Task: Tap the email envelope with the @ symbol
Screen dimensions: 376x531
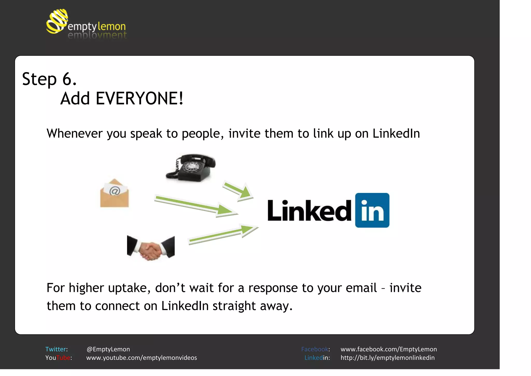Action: point(114,193)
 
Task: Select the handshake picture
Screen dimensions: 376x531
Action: point(151,248)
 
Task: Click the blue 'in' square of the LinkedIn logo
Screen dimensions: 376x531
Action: point(372,210)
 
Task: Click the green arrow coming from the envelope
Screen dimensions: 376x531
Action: point(194,205)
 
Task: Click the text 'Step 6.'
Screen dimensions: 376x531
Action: point(49,79)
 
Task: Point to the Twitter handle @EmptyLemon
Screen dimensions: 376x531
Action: point(108,349)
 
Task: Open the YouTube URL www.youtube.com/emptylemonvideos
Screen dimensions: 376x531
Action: point(142,358)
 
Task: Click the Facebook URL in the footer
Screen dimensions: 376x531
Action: point(388,349)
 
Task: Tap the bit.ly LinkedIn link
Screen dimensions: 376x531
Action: point(387,358)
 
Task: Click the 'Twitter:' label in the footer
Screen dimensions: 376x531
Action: point(57,349)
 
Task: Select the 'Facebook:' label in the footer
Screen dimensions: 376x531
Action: point(315,349)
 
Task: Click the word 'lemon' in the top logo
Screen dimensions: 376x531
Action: point(112,26)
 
